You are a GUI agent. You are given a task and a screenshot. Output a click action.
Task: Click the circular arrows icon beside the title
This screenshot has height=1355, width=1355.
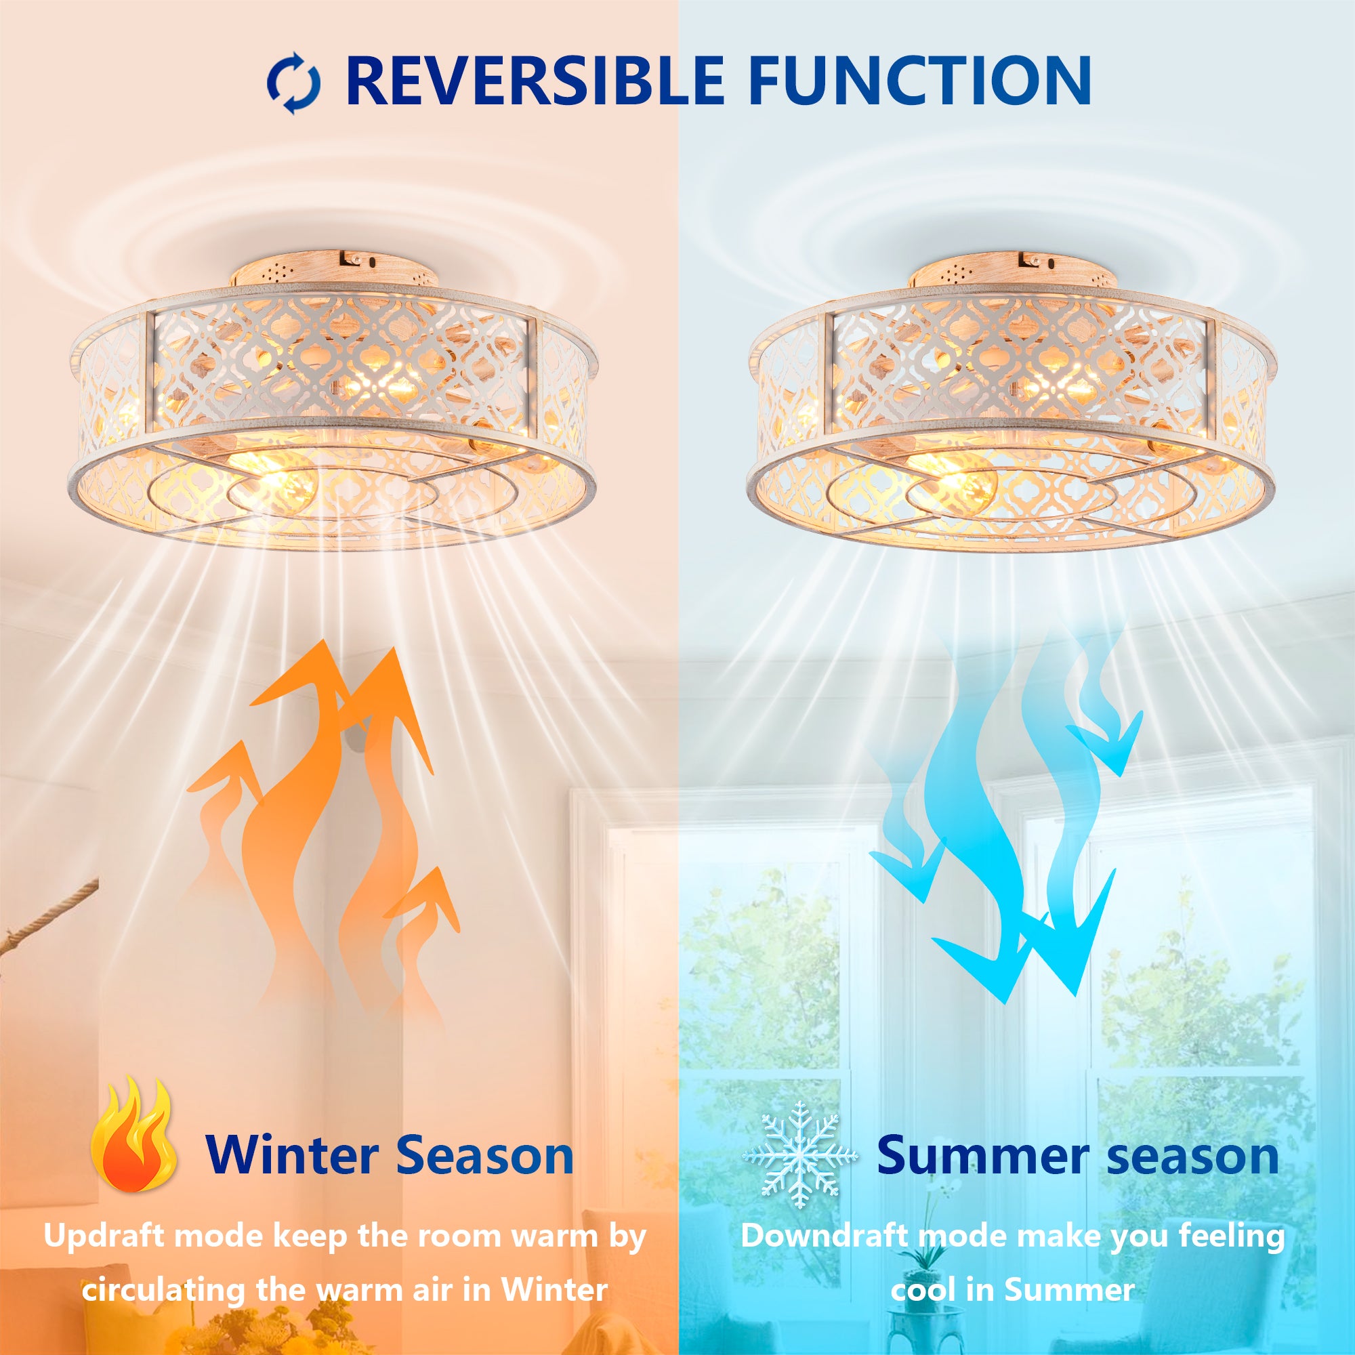[294, 83]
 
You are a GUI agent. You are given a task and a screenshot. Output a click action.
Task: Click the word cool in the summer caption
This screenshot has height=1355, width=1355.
[920, 1290]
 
